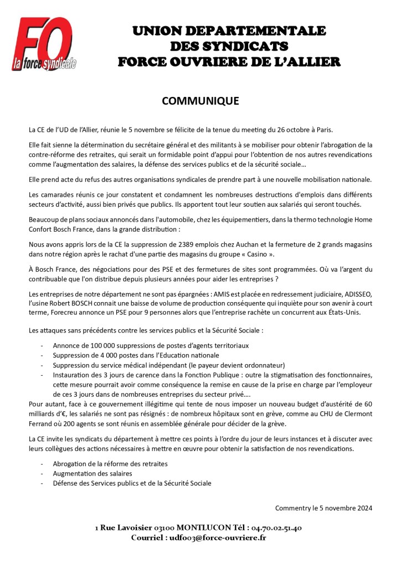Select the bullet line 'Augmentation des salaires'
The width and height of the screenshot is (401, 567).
[x=92, y=473]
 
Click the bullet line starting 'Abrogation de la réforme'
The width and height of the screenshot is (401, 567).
[x=110, y=463]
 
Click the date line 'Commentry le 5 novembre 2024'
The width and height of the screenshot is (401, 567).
[x=323, y=508]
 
